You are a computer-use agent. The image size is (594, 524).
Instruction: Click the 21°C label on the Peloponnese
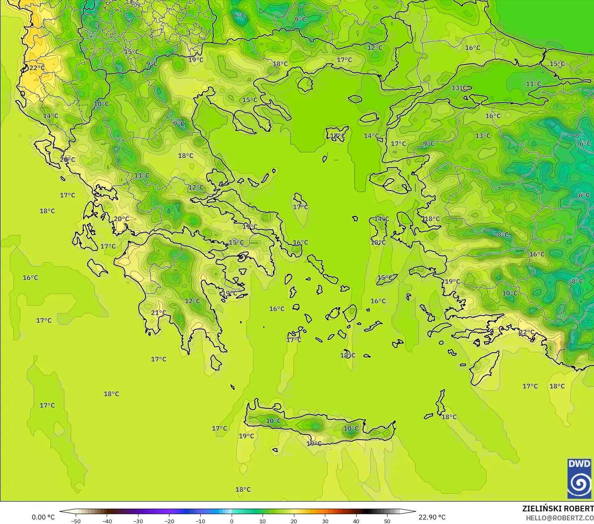point(158,313)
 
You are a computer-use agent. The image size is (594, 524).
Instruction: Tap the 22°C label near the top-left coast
point(37,68)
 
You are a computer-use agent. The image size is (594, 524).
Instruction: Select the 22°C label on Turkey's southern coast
point(526,332)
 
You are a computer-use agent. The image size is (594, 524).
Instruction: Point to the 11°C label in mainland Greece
point(142,175)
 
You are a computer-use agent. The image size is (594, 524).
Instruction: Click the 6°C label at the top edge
point(240,16)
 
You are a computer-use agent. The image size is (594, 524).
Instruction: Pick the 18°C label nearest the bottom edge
point(243,489)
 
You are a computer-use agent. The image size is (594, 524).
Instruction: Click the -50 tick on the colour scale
point(75,521)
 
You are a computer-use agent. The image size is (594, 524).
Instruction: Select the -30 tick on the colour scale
point(138,521)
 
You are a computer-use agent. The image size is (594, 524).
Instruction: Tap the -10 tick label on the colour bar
point(200,521)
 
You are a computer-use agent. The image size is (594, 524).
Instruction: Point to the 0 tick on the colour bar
point(231,521)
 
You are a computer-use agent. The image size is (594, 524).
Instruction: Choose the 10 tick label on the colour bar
point(263,521)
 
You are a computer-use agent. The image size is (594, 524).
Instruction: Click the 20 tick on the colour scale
point(294,521)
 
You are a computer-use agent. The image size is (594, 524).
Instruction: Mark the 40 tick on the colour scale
point(356,521)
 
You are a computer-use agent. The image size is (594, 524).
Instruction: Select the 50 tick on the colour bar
point(387,521)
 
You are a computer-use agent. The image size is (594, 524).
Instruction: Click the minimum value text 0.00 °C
point(43,517)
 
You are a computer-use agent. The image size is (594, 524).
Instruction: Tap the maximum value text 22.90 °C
point(432,517)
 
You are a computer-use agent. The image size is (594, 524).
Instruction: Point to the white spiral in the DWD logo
point(579,483)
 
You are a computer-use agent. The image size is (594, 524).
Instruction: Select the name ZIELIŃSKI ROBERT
point(558,509)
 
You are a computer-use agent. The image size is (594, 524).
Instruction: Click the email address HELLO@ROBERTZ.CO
point(559,518)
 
